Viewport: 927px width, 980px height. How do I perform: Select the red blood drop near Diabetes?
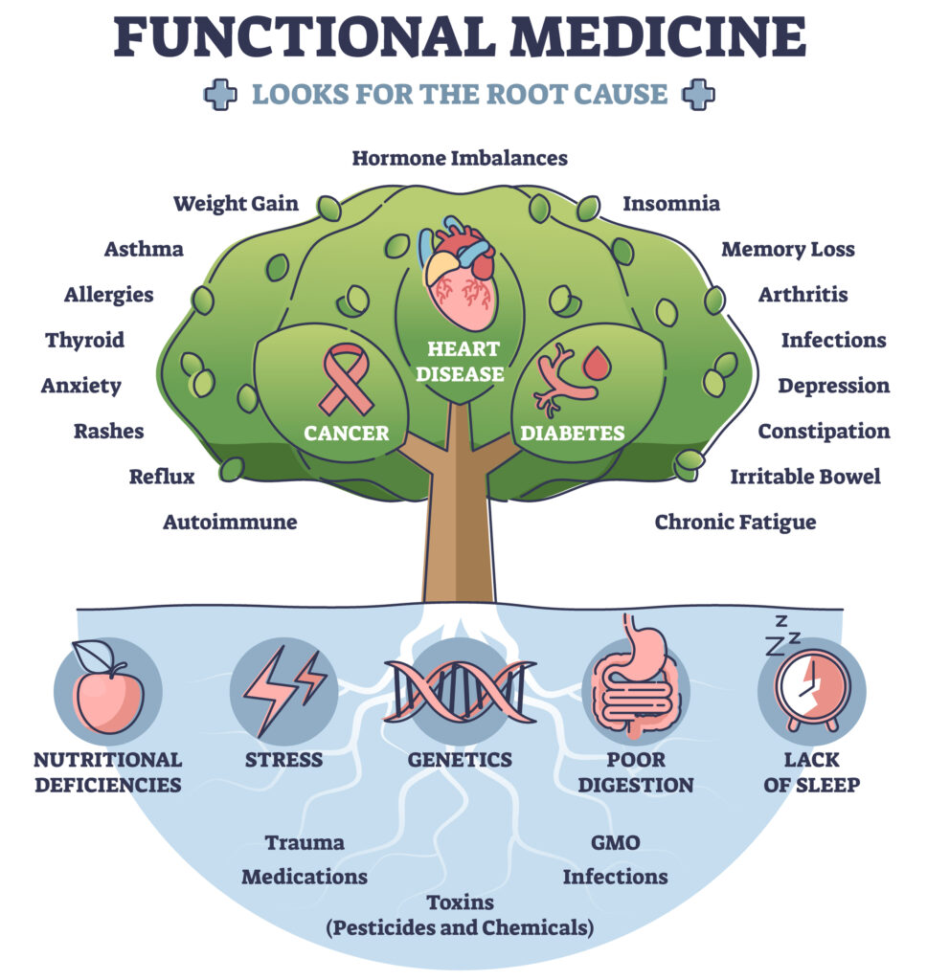pyautogui.click(x=598, y=364)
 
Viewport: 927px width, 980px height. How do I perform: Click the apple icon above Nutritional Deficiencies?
pyautogui.click(x=107, y=690)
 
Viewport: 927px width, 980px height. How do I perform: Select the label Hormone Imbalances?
pyautogui.click(x=460, y=157)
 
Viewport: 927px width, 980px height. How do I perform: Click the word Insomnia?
pyautogui.click(x=671, y=203)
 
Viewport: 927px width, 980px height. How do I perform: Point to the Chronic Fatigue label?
pyautogui.click(x=735, y=522)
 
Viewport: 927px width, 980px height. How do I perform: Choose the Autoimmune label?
pyautogui.click(x=230, y=522)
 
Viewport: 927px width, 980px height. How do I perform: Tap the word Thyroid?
pyautogui.click(x=84, y=340)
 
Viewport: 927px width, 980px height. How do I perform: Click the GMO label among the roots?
pyautogui.click(x=615, y=842)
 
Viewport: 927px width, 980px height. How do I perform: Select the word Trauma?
pyautogui.click(x=305, y=842)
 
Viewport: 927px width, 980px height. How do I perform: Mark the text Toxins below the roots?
pyautogui.click(x=460, y=902)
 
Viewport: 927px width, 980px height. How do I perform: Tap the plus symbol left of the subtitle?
pyautogui.click(x=219, y=95)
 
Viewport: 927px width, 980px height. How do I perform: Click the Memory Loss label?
pyautogui.click(x=787, y=249)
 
